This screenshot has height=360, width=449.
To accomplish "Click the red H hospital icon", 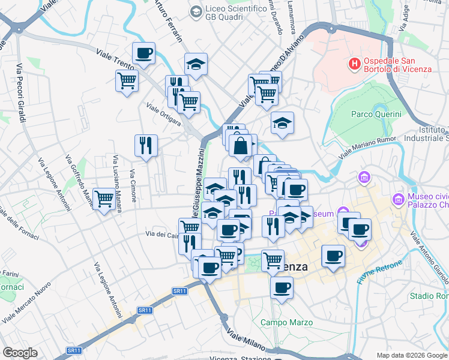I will [355, 62].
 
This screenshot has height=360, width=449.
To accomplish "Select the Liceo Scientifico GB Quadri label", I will [235, 13].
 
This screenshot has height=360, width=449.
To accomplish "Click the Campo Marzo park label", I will [286, 323].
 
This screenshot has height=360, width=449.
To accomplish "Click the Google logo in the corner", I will [20, 353].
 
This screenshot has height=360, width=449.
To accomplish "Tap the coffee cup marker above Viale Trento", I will [144, 53].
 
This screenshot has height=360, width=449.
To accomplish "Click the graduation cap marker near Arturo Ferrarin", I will [196, 64].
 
